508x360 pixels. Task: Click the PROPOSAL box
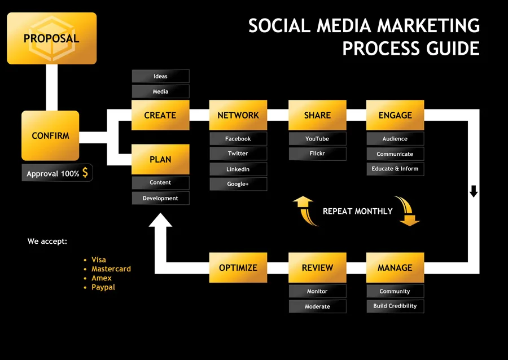pos(51,38)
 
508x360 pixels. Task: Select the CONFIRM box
pos(50,136)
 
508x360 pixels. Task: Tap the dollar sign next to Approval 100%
pos(85,173)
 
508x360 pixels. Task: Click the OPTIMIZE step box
pos(238,267)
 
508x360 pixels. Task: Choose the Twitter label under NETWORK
pos(238,153)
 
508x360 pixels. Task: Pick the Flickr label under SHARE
pos(317,153)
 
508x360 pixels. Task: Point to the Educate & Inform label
pos(395,169)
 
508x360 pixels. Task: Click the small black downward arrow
pos(474,191)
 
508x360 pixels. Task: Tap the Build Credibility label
pos(395,306)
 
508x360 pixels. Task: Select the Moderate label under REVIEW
pos(317,306)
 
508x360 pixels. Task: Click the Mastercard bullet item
pos(111,269)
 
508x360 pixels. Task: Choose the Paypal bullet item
pos(103,287)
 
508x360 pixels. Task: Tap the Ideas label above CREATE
pos(160,76)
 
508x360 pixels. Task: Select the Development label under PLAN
pos(160,198)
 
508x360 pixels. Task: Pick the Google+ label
pos(238,184)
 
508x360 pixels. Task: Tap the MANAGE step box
pos(395,267)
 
